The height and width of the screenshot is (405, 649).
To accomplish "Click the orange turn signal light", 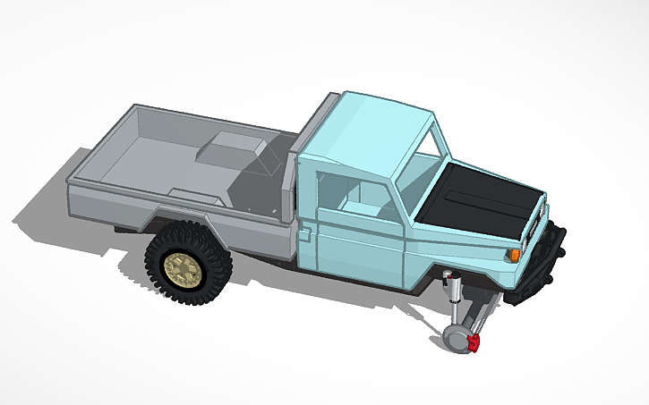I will coord(514,255).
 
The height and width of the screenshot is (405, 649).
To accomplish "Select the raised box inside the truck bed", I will coord(235,147).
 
